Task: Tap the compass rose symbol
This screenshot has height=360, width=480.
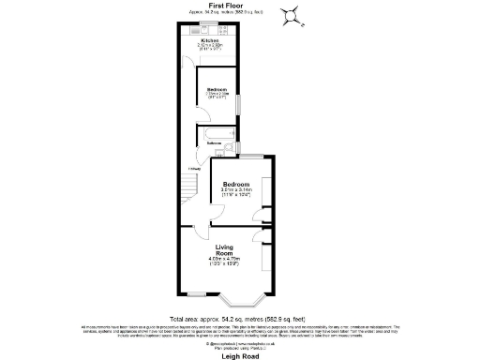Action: [x=293, y=12]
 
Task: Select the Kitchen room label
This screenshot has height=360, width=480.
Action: [x=209, y=40]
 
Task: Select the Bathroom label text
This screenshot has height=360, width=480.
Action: [x=215, y=143]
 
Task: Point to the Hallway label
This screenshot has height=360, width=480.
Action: [x=195, y=168]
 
